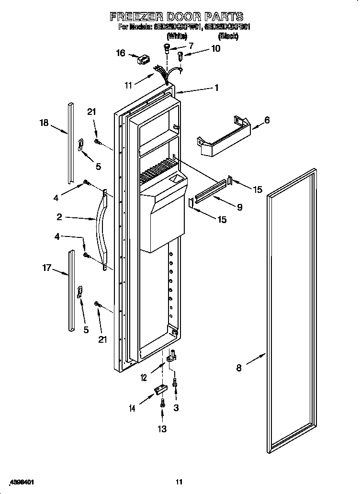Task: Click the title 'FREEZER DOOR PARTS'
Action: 177,17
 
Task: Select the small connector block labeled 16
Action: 143,61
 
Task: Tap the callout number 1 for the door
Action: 216,88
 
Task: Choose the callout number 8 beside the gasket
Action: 238,368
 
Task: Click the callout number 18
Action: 44,123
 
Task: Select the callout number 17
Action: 46,268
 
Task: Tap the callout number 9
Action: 239,207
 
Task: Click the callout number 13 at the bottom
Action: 162,429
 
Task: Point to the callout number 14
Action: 132,408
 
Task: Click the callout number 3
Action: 176,407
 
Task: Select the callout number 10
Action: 215,48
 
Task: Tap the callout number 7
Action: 191,46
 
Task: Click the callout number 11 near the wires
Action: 128,86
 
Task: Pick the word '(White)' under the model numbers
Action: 177,36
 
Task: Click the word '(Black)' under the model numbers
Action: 228,36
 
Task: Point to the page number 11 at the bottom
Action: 179,482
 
